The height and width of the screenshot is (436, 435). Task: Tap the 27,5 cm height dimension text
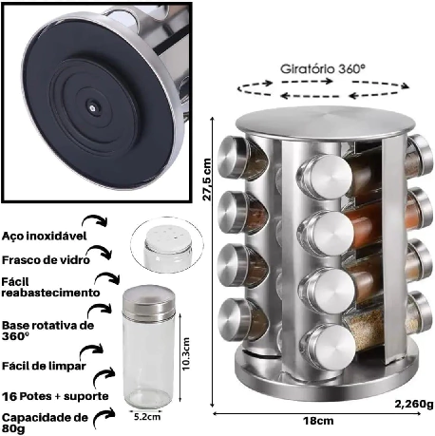tap(207, 180)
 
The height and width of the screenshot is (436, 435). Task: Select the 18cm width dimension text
tap(318, 421)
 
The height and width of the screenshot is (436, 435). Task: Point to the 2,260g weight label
tap(414, 404)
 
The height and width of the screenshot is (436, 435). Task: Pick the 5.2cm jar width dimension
tap(147, 416)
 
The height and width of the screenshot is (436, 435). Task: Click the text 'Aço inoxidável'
tap(44, 236)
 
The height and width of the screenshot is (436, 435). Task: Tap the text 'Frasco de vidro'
tap(46, 260)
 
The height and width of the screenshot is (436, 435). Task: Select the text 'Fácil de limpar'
tap(44, 366)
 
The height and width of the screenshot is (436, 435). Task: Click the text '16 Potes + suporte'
tap(55, 396)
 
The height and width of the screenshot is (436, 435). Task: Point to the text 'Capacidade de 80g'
tap(45, 423)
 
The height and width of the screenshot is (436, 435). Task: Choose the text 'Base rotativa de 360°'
tap(47, 331)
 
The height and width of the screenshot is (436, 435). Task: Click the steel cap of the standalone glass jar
tap(148, 300)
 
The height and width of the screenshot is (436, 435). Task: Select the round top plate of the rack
tap(326, 122)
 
